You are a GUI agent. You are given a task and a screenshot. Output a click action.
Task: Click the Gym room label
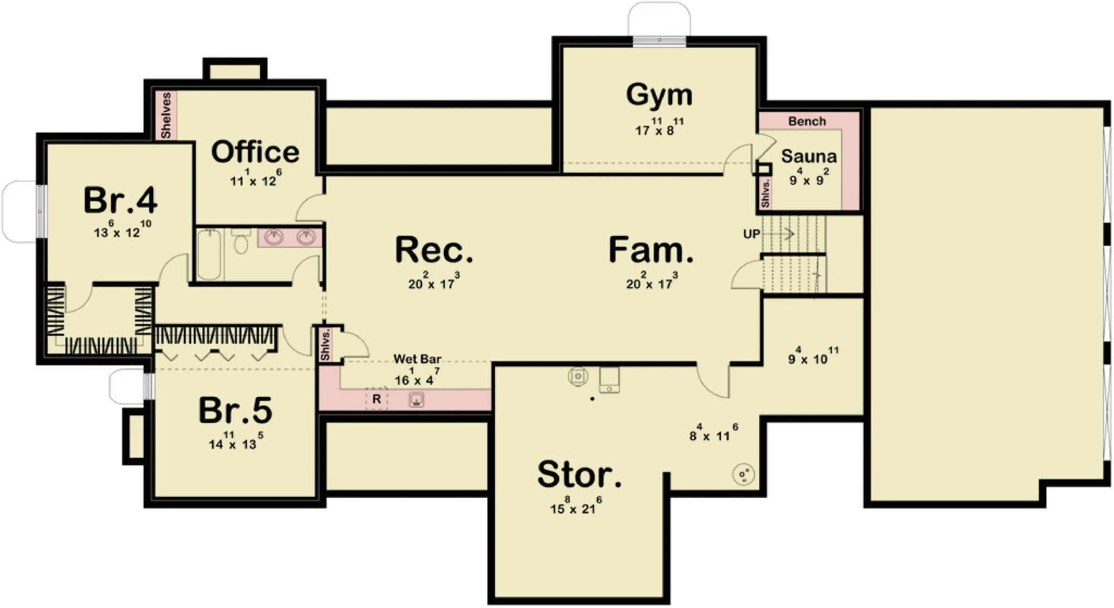click(x=659, y=95)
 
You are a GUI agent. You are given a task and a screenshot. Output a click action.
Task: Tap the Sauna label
click(x=808, y=156)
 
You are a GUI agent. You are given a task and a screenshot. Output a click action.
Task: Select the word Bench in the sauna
click(x=807, y=121)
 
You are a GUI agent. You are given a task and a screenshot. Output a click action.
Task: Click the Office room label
click(x=255, y=152)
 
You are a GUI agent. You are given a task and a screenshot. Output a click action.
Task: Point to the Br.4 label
click(x=120, y=200)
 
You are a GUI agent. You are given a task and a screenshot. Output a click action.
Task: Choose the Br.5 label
click(x=235, y=411)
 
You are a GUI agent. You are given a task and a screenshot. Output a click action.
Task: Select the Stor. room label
click(x=579, y=475)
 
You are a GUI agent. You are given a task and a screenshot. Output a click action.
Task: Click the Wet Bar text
click(x=417, y=359)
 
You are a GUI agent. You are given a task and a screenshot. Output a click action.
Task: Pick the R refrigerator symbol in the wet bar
click(x=377, y=399)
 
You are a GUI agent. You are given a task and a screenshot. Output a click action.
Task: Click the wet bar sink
click(x=416, y=399)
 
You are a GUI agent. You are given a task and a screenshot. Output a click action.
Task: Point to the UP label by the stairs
click(x=751, y=234)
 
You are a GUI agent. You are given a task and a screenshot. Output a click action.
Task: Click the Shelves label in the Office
click(x=166, y=115)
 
